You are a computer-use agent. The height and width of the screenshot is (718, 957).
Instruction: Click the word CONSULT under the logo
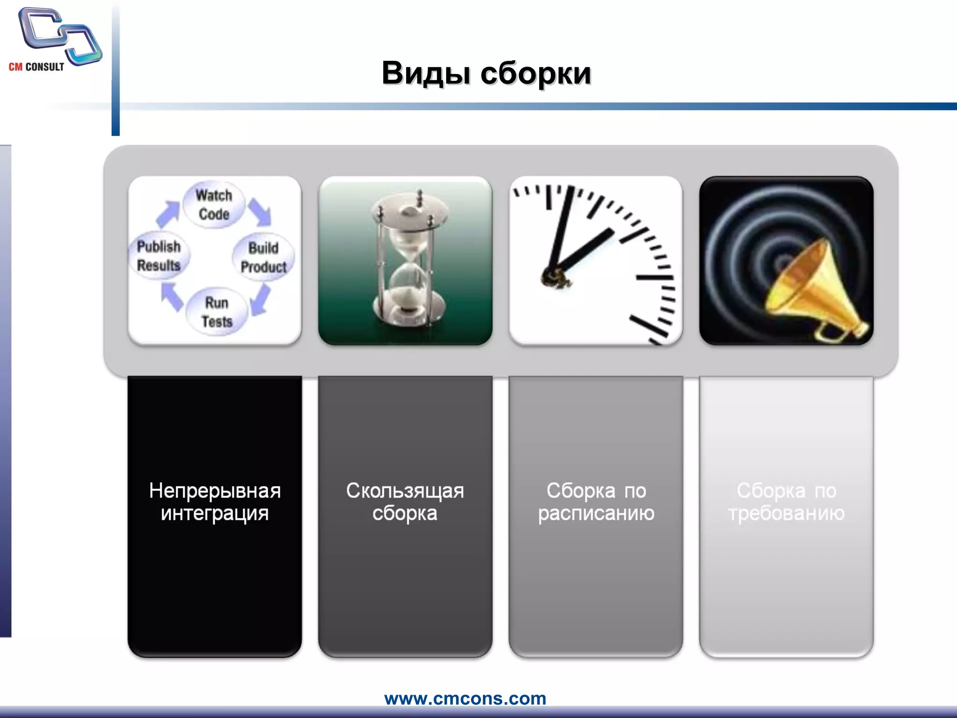[x=45, y=67]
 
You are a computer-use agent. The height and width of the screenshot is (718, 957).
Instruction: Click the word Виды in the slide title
[x=426, y=73]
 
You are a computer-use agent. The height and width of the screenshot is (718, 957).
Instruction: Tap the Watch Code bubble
[x=214, y=205]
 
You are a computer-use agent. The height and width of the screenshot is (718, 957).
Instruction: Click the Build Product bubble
[x=264, y=257]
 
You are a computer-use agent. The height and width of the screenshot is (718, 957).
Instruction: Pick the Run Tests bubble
[x=216, y=312]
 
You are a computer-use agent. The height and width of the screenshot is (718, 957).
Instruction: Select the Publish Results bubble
[x=159, y=256]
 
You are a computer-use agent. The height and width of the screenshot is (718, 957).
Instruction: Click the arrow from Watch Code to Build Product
[x=260, y=211]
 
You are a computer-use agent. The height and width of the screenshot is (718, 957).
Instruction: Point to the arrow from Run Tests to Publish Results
[x=171, y=297]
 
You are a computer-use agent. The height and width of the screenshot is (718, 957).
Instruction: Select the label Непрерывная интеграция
[x=214, y=502]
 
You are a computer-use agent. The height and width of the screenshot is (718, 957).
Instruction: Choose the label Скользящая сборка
[x=405, y=502]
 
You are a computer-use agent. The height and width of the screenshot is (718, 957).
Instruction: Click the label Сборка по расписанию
[x=596, y=502]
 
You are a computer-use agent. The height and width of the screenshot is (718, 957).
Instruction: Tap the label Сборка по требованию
[x=786, y=502]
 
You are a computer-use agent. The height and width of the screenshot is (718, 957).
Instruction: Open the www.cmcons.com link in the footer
[x=465, y=698]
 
